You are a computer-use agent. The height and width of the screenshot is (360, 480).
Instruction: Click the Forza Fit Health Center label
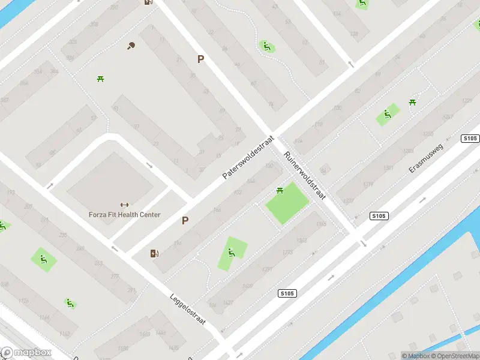pyautogui.click(x=125, y=214)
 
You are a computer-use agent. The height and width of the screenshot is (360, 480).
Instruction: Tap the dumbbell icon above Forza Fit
pyautogui.click(x=125, y=205)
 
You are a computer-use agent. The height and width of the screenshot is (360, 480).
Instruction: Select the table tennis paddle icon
pyautogui.click(x=131, y=45)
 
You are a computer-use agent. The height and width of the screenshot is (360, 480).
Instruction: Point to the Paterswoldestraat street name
pyautogui.click(x=248, y=157)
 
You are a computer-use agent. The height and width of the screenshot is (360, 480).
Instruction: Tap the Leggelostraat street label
pyautogui.click(x=187, y=309)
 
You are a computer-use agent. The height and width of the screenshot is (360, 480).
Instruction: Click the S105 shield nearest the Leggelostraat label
pyautogui.click(x=287, y=293)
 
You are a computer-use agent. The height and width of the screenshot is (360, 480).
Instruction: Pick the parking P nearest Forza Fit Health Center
pyautogui.click(x=185, y=221)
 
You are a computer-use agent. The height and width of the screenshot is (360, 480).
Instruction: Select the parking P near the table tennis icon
pyautogui.click(x=201, y=59)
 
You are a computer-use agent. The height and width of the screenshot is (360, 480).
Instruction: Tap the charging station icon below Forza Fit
pyautogui.click(x=155, y=253)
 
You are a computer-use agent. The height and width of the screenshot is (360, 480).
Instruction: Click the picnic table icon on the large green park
pyautogui.click(x=280, y=191)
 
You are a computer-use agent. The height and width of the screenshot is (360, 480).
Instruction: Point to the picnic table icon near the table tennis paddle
pyautogui.click(x=101, y=79)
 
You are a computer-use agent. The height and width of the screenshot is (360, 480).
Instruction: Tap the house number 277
pyautogui.click(x=115, y=277)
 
